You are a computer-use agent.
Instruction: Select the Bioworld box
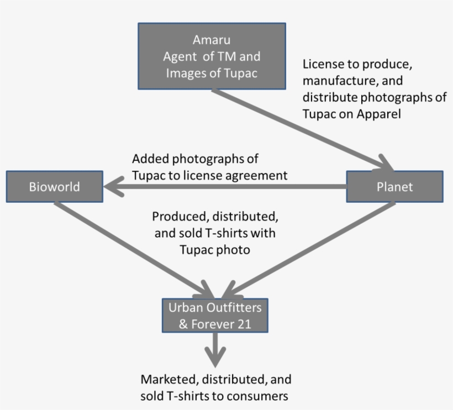(54, 186)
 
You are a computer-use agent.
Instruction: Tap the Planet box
(394, 186)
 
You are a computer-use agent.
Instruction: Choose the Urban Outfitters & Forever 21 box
(215, 315)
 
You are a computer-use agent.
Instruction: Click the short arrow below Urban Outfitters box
(215, 348)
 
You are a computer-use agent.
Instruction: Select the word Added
(150, 159)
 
